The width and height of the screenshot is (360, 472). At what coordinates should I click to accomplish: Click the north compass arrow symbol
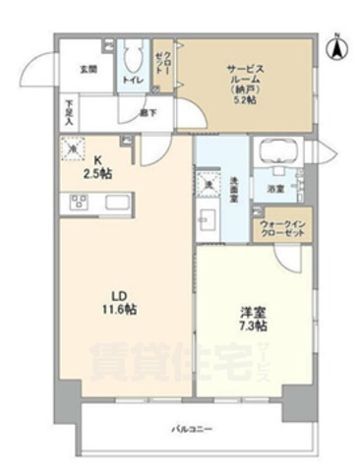coord(335,43)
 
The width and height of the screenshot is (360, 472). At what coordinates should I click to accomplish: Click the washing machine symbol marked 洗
coord(209,182)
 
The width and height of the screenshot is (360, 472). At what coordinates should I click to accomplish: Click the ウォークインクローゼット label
coord(283,229)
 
